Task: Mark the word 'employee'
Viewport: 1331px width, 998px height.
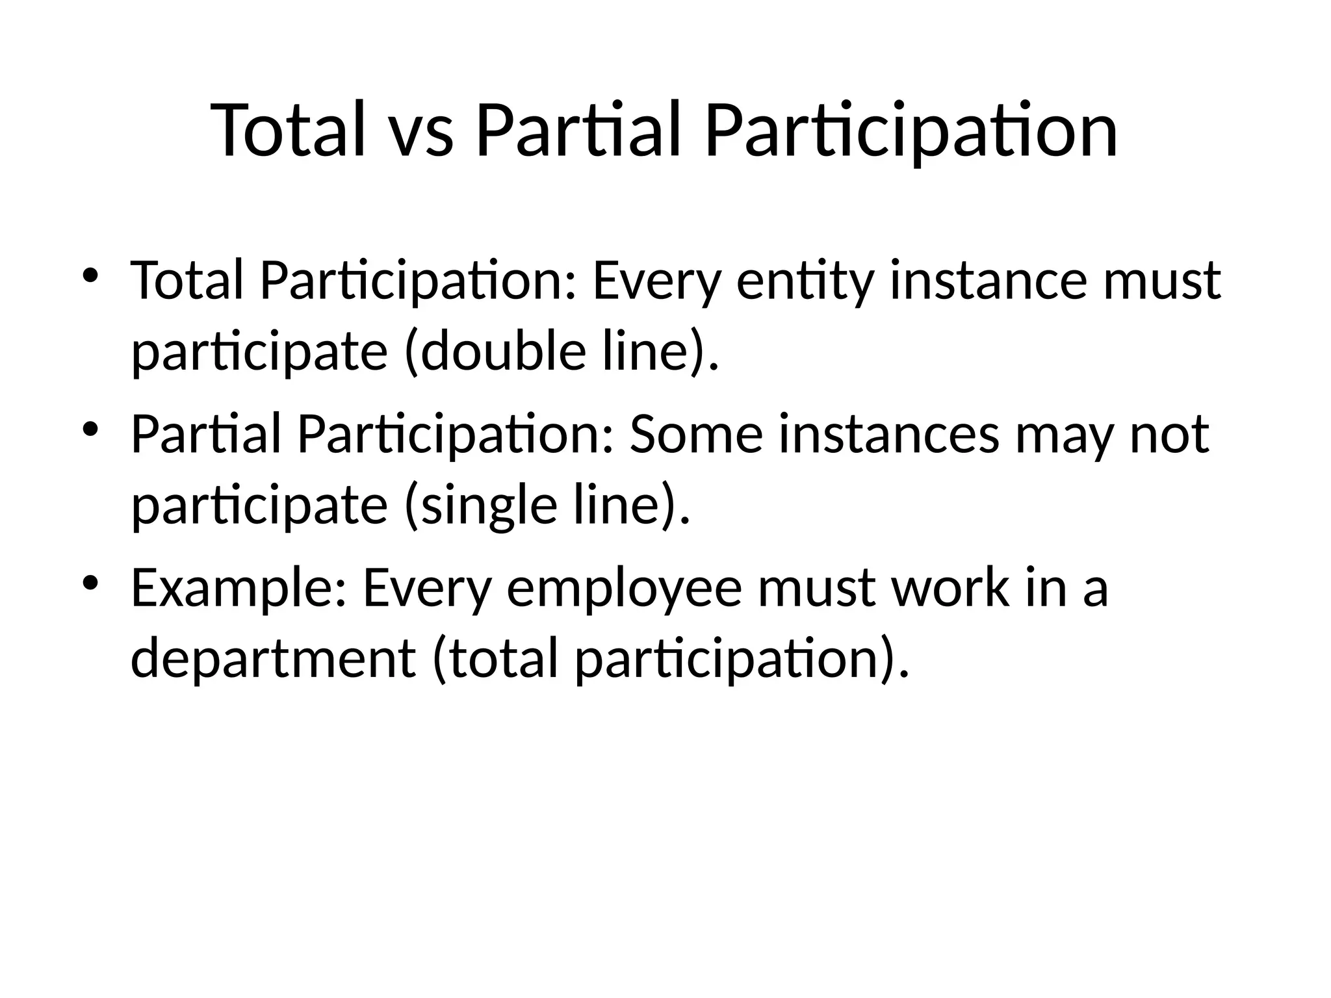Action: (x=624, y=588)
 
